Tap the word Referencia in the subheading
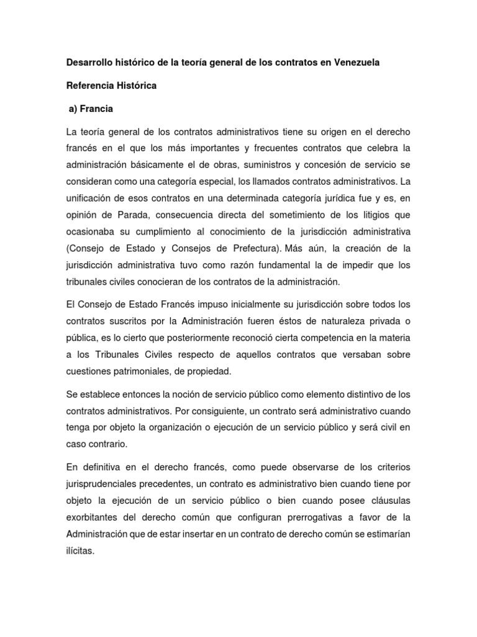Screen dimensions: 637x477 91,86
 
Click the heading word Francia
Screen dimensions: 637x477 95,109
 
